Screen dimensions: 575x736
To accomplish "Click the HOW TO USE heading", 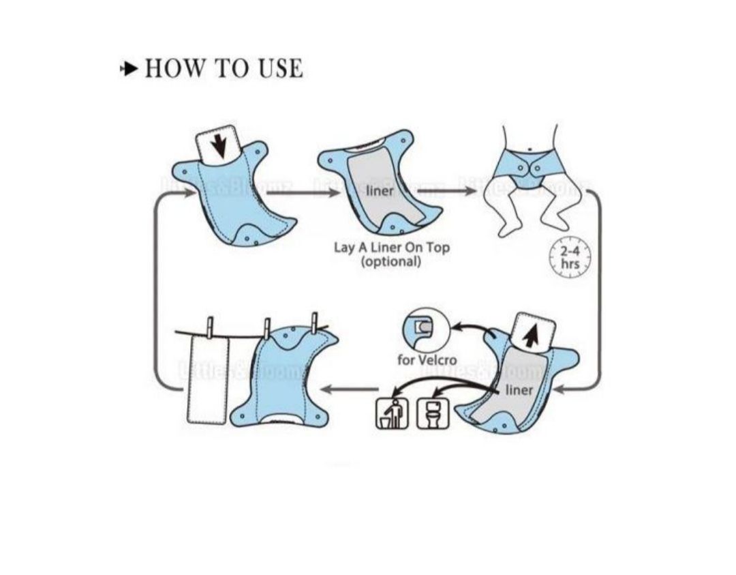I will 224,69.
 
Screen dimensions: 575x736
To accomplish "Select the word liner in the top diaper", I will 380,190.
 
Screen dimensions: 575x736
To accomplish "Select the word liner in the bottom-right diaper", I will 519,389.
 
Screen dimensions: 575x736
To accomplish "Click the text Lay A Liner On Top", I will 391,247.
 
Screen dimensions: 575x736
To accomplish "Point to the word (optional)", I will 390,261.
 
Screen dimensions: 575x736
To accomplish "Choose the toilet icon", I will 433,413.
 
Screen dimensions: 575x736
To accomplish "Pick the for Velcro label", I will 427,359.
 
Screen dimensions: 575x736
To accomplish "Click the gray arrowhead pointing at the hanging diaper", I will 326,389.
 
